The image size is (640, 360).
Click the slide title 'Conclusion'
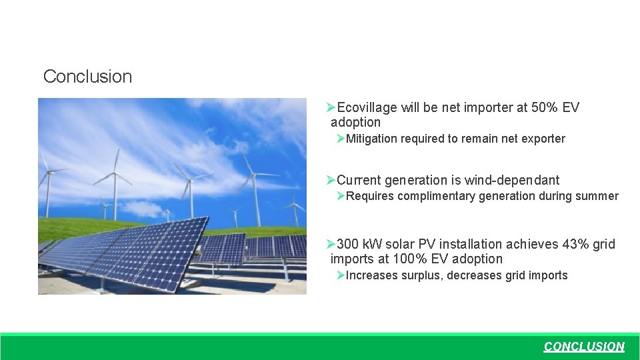(87, 76)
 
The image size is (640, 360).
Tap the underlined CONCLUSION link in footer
(584, 347)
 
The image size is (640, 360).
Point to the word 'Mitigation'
(371, 139)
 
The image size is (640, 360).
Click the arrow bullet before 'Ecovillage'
(331, 107)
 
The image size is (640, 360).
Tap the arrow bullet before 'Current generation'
(331, 180)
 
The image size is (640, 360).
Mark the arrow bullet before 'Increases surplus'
(341, 275)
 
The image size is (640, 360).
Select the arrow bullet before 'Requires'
(341, 196)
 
